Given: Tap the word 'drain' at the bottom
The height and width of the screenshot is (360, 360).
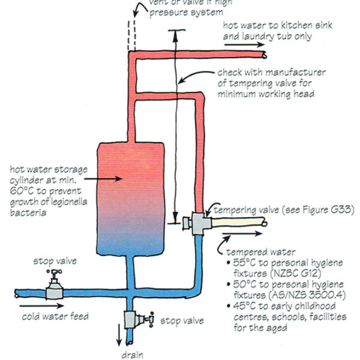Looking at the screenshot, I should (x=130, y=354).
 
